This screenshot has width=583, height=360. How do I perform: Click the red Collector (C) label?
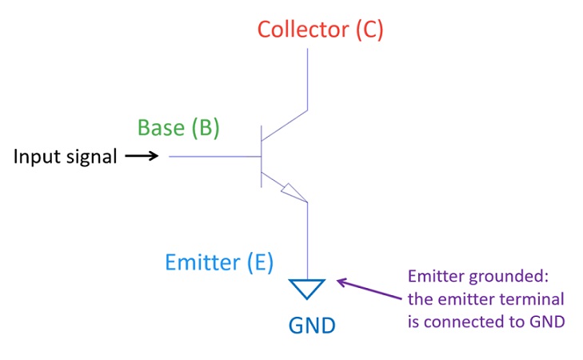[x=320, y=30]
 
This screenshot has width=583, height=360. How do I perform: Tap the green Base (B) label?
[x=178, y=128]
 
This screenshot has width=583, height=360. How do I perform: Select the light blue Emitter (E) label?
[x=219, y=262]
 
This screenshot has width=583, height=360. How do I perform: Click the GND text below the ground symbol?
[x=312, y=326]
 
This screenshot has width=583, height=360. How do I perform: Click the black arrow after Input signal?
[x=142, y=156]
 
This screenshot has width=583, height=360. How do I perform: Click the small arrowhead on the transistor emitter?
[x=293, y=192]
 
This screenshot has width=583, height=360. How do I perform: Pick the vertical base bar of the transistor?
[x=262, y=156]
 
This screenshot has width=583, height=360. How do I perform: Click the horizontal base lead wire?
[x=214, y=156]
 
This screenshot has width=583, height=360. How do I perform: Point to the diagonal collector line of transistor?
[x=285, y=126]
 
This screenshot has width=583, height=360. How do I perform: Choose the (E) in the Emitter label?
[x=259, y=262]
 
